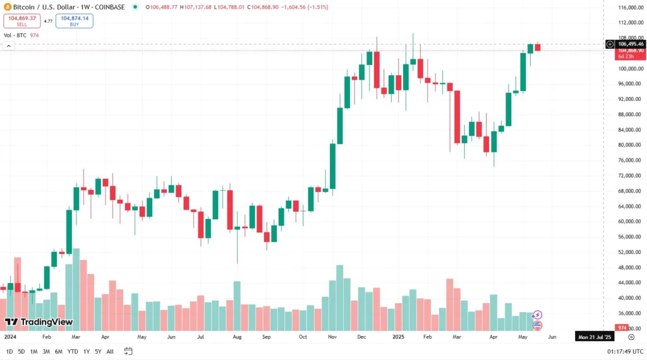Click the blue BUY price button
75,21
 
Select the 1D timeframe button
9,351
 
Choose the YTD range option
73,351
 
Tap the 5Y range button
98,351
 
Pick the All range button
110,351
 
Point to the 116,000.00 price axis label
631,8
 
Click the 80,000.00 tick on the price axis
631,145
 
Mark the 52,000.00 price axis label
631,252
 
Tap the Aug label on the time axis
237,337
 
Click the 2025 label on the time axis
398,337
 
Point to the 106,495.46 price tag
631,44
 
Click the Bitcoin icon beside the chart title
7,7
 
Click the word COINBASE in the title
109,7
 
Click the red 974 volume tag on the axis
622,328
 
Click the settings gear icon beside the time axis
631,337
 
